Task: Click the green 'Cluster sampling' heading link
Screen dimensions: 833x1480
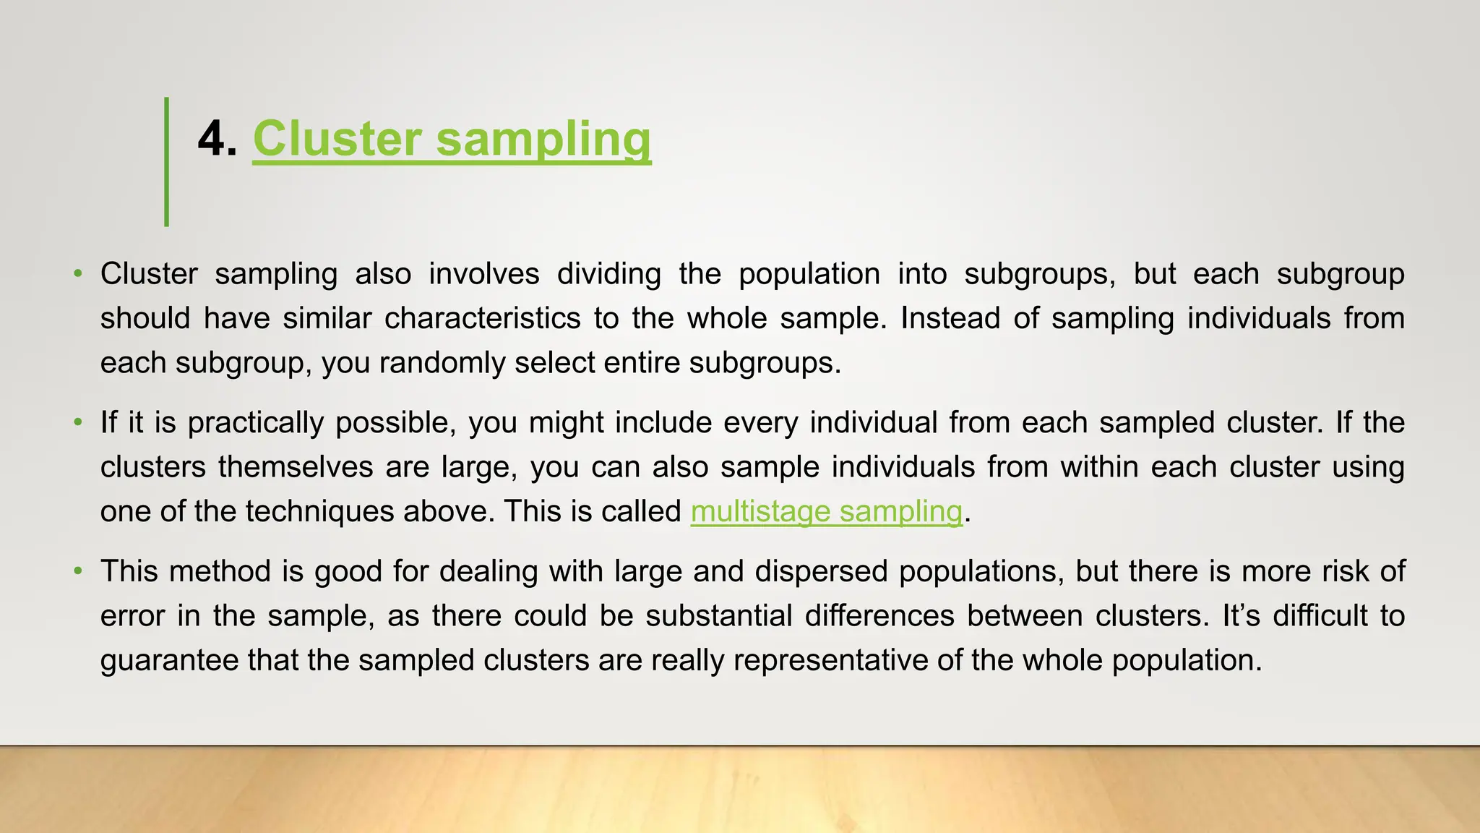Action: (452, 139)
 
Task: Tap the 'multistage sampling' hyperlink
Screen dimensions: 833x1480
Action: (826, 512)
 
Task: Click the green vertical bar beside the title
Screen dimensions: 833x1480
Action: (167, 161)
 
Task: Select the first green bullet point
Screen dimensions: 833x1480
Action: (77, 274)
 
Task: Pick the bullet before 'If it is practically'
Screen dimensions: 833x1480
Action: (77, 423)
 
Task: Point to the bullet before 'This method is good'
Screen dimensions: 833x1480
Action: (77, 572)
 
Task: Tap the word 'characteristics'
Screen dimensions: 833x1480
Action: (482, 319)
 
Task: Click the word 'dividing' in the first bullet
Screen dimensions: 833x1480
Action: (609, 275)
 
